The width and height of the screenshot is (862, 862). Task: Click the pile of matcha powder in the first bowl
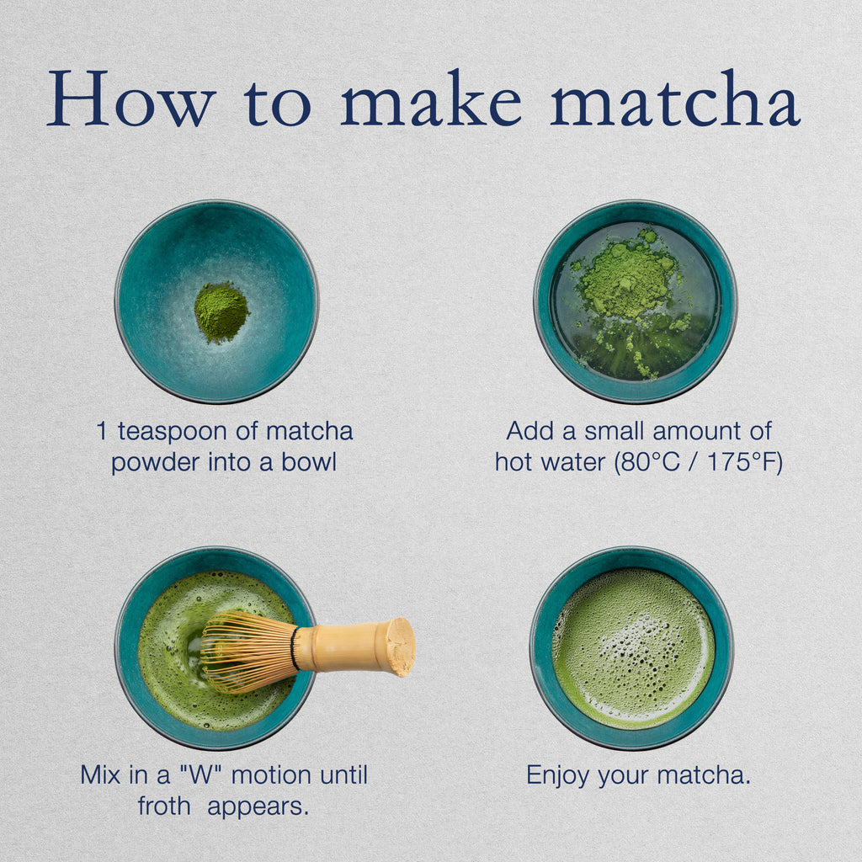[221, 311]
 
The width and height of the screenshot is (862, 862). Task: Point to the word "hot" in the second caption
[515, 462]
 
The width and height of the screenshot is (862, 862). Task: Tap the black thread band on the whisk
[295, 649]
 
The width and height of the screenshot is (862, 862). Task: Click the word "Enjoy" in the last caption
[558, 774]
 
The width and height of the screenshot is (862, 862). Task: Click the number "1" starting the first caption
[103, 432]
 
